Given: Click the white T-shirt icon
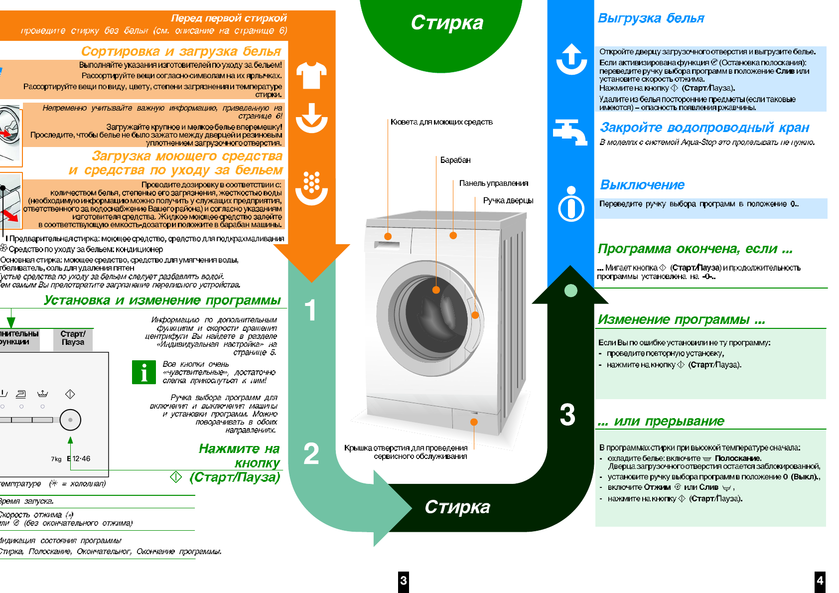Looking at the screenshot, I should click(x=311, y=75).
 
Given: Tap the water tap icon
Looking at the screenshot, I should click(x=570, y=132).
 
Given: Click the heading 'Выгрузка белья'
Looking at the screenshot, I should click(x=651, y=18).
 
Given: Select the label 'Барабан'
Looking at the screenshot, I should click(x=455, y=160).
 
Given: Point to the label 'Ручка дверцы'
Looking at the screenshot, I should click(x=508, y=200).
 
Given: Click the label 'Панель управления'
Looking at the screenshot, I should click(x=493, y=183).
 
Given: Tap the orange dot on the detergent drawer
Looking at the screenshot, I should click(x=388, y=236).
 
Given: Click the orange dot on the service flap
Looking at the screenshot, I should click(x=474, y=422).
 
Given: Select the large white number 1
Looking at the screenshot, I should click(x=310, y=310).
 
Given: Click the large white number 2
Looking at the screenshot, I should click(x=311, y=453).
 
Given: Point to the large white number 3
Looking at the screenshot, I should click(x=567, y=415).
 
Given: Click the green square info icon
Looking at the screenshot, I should click(x=144, y=372).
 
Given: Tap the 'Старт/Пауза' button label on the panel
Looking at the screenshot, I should click(x=73, y=338).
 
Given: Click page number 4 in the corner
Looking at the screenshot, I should click(x=820, y=581).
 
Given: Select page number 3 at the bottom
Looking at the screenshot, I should click(x=403, y=581).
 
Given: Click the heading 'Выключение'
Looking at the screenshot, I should click(x=642, y=185).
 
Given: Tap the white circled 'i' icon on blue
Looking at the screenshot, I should click(x=571, y=204).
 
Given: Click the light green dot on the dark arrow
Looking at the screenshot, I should click(x=571, y=291).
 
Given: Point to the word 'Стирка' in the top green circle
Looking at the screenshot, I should click(x=447, y=23).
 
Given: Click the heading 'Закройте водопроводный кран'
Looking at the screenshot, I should click(x=704, y=128).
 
